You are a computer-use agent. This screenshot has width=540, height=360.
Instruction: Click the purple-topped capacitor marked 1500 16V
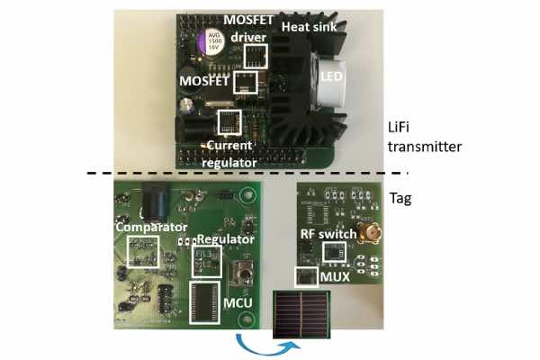point(211,42)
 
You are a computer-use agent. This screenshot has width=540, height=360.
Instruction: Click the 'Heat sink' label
point(309,27)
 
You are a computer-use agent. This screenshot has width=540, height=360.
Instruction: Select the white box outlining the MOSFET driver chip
point(256,56)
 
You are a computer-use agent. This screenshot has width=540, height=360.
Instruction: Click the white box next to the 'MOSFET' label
point(246,82)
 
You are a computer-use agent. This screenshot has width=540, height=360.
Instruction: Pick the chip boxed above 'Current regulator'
point(229,122)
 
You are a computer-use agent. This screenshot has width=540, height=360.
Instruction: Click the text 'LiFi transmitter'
point(424,137)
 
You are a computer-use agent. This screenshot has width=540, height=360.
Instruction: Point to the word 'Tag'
point(400,198)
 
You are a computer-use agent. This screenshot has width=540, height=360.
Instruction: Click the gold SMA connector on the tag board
point(370,233)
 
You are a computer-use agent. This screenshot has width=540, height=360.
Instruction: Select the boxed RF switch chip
point(334,252)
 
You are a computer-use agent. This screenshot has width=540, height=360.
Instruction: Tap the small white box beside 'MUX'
point(306,276)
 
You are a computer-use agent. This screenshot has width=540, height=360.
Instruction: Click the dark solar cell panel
point(301,314)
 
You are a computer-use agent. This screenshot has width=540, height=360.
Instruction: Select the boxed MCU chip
point(205,302)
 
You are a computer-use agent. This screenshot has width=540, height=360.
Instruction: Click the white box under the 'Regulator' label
point(207,262)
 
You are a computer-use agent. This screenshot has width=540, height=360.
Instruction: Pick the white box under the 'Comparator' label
point(143,252)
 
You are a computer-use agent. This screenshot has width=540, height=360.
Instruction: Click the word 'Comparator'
point(151,227)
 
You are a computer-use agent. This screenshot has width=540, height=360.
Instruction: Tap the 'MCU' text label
point(238,302)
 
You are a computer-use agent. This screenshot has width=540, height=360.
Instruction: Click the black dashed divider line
point(247,173)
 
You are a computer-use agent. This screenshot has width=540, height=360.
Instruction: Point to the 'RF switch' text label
point(328,234)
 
